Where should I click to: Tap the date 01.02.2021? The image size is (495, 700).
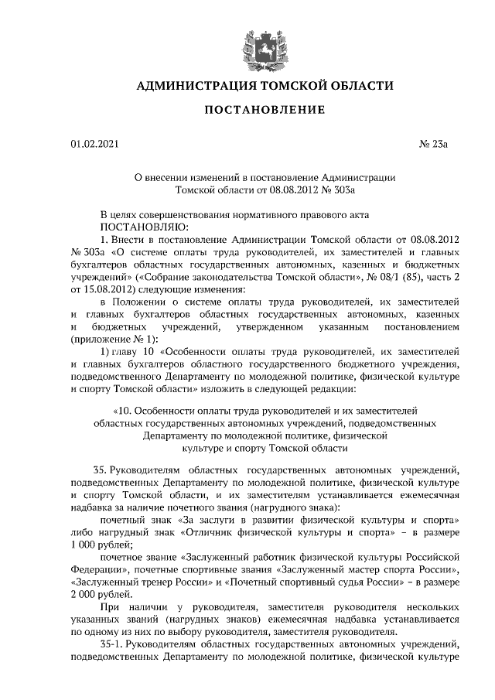pos(94,144)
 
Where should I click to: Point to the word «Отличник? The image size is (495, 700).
pos(218,532)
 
